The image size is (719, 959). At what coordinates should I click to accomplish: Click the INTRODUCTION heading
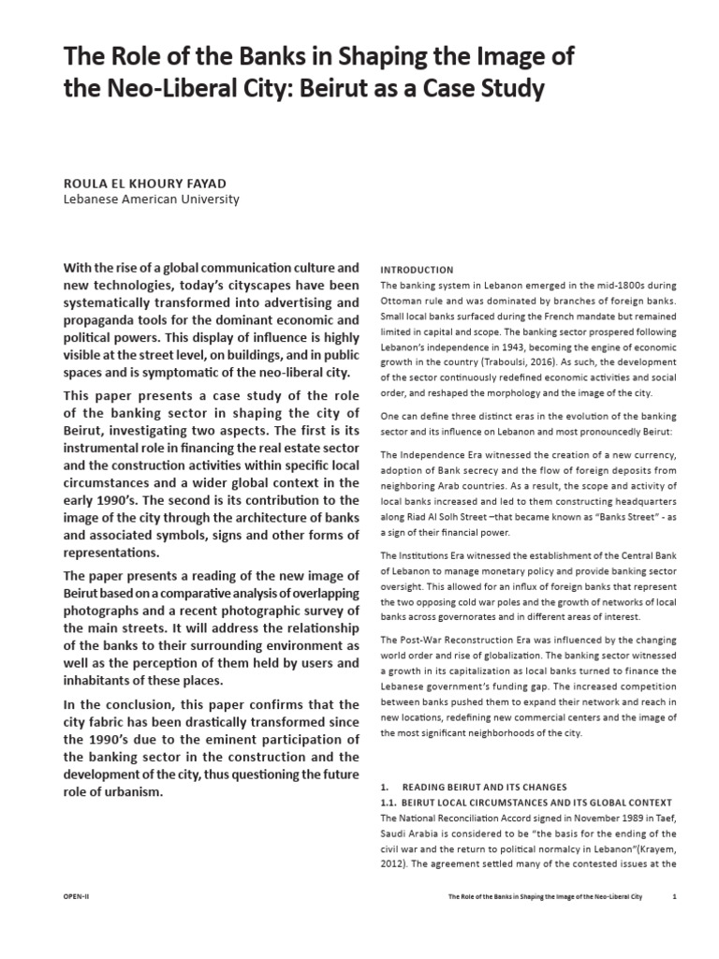point(418,270)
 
